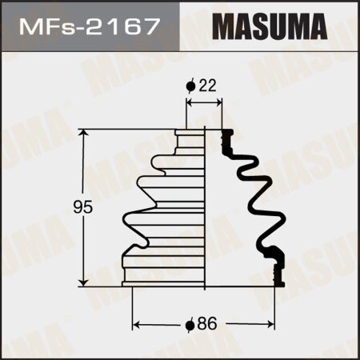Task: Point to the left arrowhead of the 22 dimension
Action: pos(188,104)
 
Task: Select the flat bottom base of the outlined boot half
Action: pos(166,282)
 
